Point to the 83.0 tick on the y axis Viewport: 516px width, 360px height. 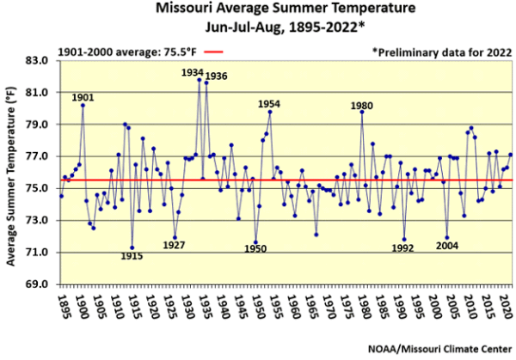coord(38,60)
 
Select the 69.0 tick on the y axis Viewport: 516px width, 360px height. coord(38,284)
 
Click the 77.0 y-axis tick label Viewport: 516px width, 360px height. coord(38,156)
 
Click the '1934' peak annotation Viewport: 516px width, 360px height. coord(192,72)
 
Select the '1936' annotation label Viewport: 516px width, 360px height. coord(216,76)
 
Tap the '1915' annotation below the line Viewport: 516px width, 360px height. coord(131,257)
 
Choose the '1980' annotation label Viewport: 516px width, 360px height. coord(362,105)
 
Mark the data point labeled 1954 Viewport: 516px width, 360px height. coord(270,112)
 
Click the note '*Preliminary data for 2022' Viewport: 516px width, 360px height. coord(441,51)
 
